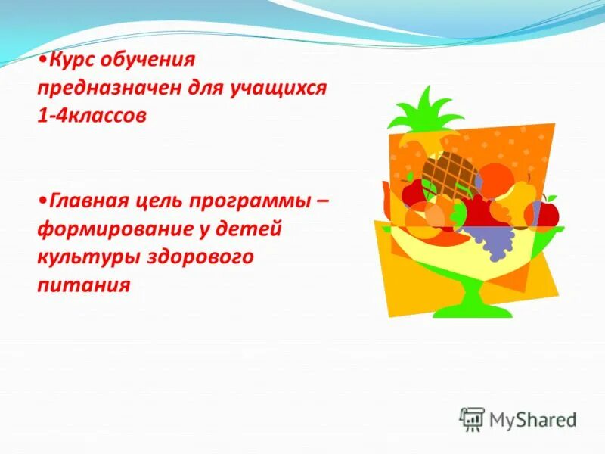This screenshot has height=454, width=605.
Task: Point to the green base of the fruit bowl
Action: (465, 303)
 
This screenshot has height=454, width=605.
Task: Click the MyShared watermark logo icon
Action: (472, 418)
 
